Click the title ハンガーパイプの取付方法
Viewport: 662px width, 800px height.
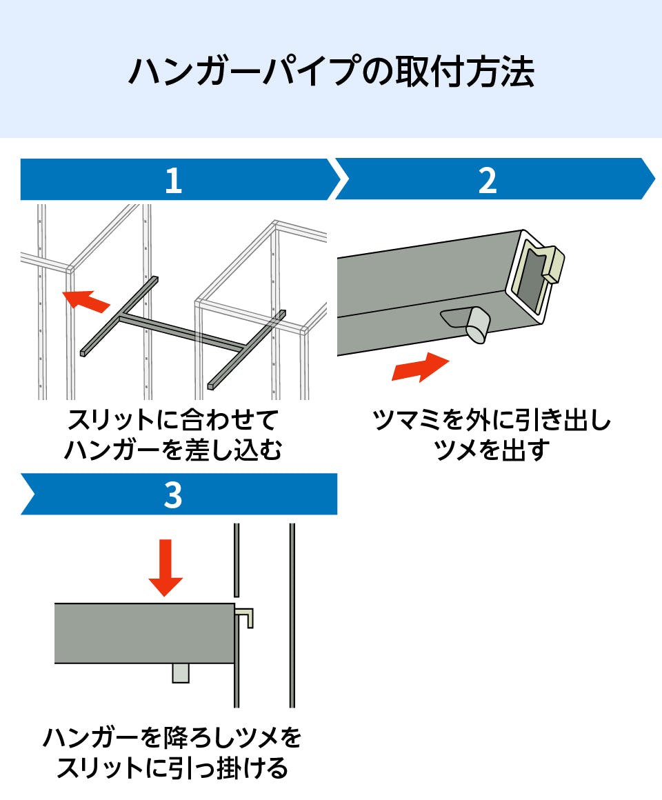[331, 72]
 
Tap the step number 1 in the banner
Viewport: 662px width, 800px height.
[173, 181]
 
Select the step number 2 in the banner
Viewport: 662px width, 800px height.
[487, 181]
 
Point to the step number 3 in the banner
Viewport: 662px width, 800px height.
[173, 494]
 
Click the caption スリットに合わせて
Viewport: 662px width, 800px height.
[173, 420]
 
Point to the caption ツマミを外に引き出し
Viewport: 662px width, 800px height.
[492, 420]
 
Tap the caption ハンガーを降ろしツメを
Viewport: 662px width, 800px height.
[172, 737]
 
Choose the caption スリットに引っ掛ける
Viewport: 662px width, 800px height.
[172, 768]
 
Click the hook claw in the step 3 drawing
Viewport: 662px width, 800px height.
[246, 616]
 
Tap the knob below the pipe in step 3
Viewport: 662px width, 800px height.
[180, 672]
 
